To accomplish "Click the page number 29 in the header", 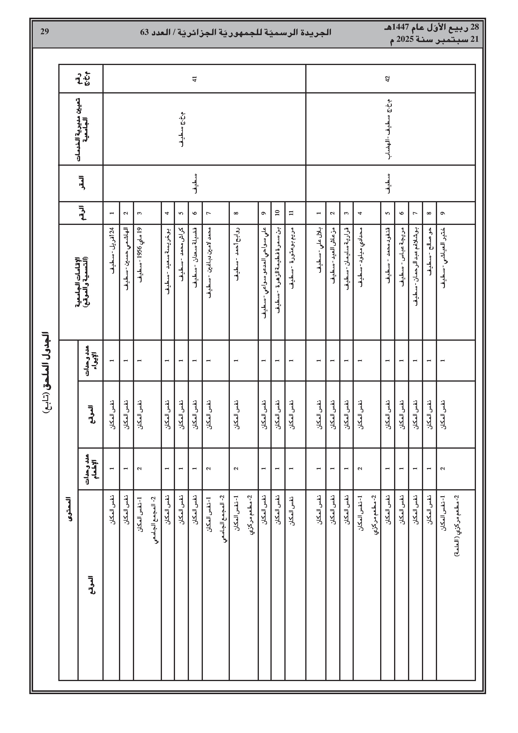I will [44, 31].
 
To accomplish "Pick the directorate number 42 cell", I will [388, 79].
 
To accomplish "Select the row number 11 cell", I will [291, 213].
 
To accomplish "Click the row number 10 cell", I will [277, 213].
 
